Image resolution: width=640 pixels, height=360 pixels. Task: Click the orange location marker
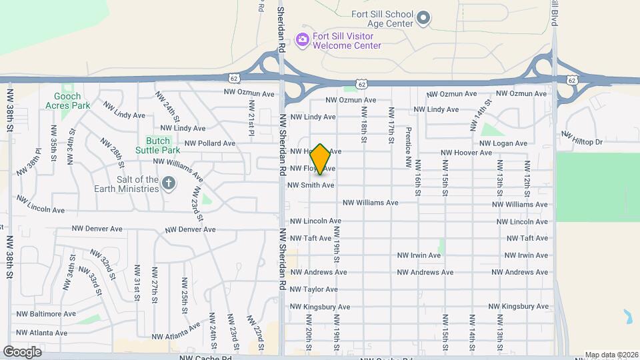pos(321,159)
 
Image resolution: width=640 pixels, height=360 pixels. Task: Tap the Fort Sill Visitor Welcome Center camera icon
pos(302,40)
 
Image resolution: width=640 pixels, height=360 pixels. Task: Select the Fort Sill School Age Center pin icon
pos(424,18)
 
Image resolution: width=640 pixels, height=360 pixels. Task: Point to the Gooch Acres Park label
pos(67,101)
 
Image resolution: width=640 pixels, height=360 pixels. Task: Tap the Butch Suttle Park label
pos(158,145)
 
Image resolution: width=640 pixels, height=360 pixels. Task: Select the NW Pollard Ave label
pos(210,143)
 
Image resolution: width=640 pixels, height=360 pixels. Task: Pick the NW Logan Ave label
pos(503,143)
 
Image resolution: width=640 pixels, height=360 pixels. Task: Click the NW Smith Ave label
pos(311,185)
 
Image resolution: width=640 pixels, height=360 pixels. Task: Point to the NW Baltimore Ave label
pos(46,313)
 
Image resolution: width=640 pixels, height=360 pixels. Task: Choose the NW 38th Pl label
pos(33,158)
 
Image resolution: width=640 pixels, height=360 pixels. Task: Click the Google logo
pos(22,351)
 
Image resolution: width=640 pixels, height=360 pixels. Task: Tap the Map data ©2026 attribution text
pos(611,355)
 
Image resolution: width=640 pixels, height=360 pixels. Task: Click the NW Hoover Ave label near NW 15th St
pos(467,153)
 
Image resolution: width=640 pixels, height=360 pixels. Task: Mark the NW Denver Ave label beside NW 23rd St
pos(191,229)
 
